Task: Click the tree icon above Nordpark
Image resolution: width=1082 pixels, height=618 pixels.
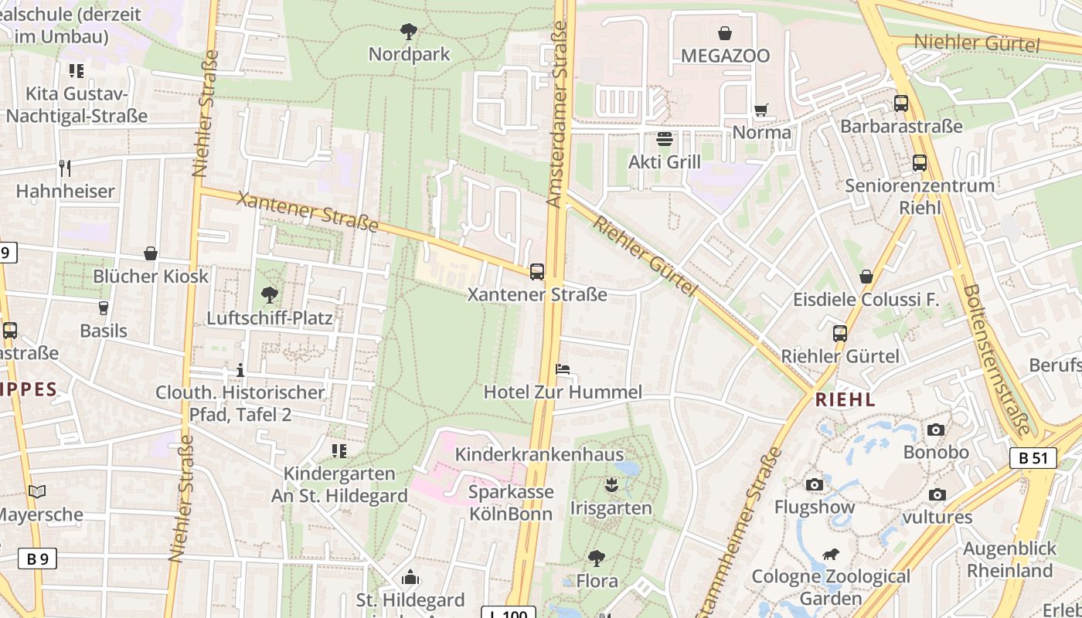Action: click(x=409, y=32)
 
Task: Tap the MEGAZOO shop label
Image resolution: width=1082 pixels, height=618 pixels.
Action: click(x=725, y=56)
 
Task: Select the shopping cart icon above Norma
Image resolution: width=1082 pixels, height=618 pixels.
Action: click(x=761, y=110)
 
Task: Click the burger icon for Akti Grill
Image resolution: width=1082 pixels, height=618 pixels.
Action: click(x=665, y=139)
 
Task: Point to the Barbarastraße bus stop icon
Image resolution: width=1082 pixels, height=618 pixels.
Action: click(x=901, y=103)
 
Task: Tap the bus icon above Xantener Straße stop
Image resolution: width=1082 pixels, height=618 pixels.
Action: click(x=537, y=271)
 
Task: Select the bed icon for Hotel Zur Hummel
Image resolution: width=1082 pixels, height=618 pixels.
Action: click(x=563, y=369)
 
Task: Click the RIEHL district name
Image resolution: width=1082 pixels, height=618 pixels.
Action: click(x=846, y=399)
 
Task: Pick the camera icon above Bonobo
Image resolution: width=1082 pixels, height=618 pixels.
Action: click(x=936, y=430)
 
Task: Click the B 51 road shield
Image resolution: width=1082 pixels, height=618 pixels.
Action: click(x=1033, y=457)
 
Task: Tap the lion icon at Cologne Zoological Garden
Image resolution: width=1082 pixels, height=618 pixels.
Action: click(x=831, y=554)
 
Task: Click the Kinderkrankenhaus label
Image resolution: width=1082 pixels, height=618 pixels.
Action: click(x=539, y=454)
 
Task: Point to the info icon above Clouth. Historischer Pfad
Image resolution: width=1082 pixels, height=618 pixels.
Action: click(x=240, y=369)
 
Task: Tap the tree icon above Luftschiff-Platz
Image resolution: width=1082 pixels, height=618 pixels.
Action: click(x=269, y=294)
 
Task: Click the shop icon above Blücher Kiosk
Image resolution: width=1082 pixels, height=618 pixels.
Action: click(x=151, y=253)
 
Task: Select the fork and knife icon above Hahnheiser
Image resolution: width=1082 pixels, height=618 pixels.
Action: click(x=65, y=168)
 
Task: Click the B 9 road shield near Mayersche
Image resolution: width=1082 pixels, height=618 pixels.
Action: click(x=37, y=558)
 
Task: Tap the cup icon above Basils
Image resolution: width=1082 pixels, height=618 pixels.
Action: click(x=103, y=307)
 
